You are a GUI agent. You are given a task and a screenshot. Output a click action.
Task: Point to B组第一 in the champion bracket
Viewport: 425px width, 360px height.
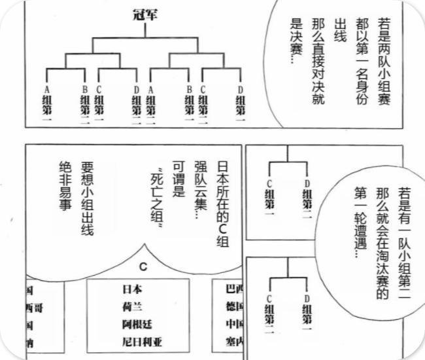[188, 106]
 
